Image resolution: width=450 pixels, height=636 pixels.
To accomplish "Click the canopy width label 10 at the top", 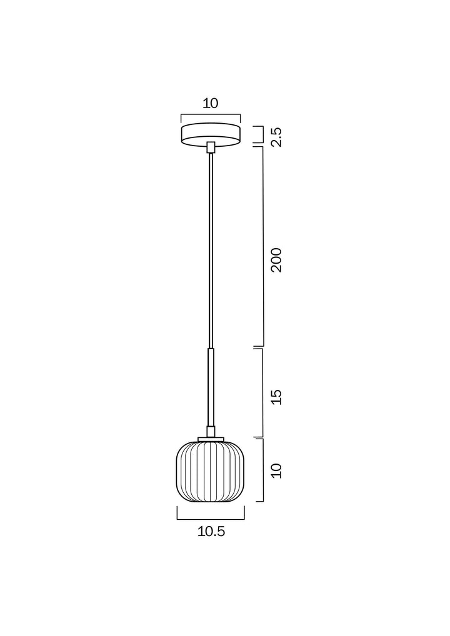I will [x=211, y=104].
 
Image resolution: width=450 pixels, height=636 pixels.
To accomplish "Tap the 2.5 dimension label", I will [x=276, y=137].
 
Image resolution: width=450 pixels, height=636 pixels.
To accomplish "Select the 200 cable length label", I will [x=276, y=259].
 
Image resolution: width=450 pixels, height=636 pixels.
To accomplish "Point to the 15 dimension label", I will [x=276, y=397].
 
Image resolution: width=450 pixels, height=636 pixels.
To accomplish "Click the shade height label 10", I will [x=276, y=470].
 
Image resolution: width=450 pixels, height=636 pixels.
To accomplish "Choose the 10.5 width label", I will [x=211, y=532].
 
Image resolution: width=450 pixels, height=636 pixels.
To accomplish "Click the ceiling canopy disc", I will [x=211, y=134].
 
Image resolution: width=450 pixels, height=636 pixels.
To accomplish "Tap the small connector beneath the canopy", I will [x=211, y=147].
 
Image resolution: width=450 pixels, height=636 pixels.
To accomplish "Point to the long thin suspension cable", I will [x=211, y=250].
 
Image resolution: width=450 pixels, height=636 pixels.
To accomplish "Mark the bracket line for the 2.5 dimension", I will [x=261, y=135].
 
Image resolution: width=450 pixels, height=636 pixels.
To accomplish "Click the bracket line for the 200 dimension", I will [x=262, y=247].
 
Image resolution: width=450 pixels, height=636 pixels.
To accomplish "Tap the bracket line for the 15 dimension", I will [x=262, y=392].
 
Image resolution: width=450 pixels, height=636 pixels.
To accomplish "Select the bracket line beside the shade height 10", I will [x=262, y=470].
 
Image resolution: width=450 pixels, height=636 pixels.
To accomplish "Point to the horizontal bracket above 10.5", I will [x=211, y=519].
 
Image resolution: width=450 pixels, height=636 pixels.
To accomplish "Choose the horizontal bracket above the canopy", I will [x=211, y=114].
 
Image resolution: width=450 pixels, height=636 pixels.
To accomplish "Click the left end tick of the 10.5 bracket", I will [x=177, y=513].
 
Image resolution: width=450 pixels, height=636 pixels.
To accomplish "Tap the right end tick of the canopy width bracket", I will [x=240, y=119].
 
